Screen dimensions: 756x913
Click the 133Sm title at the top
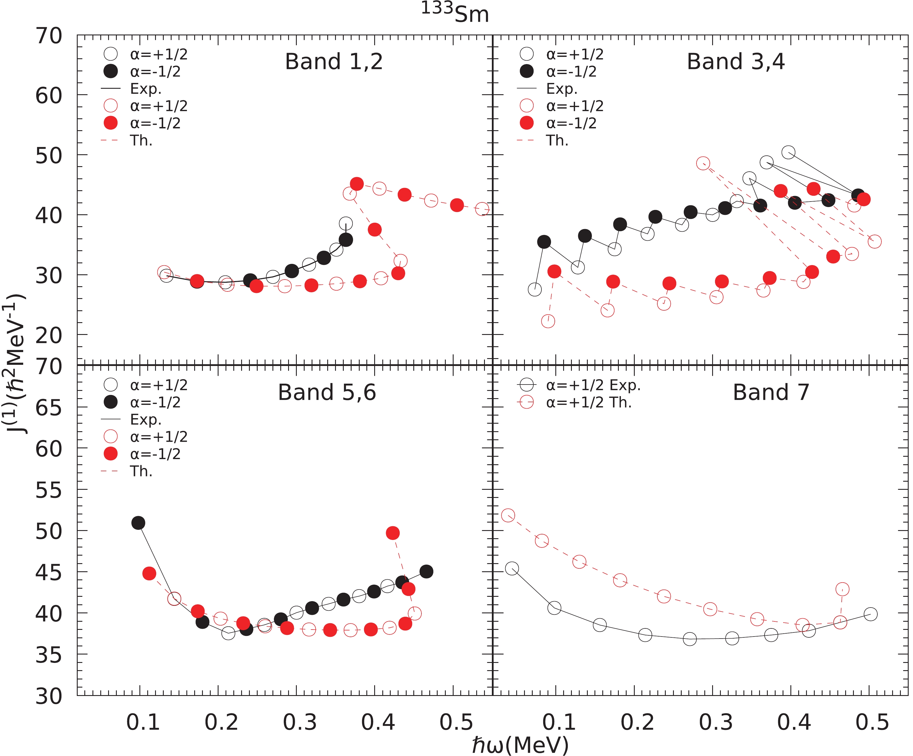tap(455, 13)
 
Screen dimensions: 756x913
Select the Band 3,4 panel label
tap(736, 61)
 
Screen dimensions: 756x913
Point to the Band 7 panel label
tap(771, 392)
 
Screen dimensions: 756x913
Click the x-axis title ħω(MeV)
tap(521, 745)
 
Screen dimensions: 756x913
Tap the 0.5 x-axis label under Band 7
tap(872, 722)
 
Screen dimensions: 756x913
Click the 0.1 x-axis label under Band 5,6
tap(143, 722)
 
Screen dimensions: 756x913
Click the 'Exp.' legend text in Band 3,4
tap(562, 89)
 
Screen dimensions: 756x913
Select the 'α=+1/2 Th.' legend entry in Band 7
tap(589, 403)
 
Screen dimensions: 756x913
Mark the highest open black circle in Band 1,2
tap(345, 224)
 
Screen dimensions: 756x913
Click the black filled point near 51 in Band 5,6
tap(138, 523)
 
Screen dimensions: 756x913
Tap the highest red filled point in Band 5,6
tap(392, 533)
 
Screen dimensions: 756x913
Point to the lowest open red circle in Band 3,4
tap(548, 321)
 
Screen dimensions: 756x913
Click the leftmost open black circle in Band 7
tap(512, 568)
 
